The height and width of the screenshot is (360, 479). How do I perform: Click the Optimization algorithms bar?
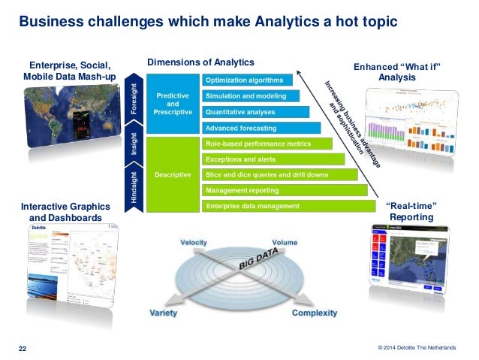point(246,80)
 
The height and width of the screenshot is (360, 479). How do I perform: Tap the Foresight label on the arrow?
point(135,99)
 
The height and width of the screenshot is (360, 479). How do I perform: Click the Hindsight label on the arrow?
point(135,186)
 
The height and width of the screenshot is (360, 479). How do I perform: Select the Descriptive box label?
point(172,174)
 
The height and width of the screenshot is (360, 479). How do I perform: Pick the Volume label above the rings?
point(285,243)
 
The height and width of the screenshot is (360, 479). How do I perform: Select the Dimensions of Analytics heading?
point(200,62)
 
